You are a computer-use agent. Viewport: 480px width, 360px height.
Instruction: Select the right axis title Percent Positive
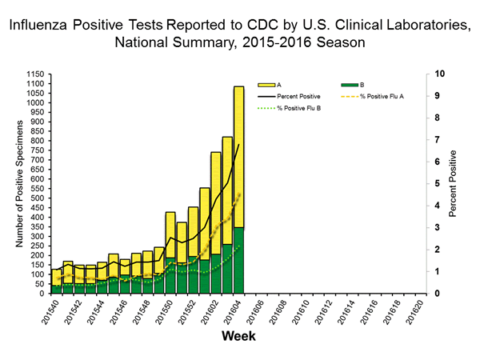pyautogui.click(x=453, y=183)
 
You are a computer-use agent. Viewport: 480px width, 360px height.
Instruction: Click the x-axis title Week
pyautogui.click(x=239, y=337)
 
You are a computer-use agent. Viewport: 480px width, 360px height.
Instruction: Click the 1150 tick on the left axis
pyautogui.click(x=35, y=74)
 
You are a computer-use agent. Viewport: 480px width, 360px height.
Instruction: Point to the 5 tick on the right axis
pyautogui.click(x=432, y=183)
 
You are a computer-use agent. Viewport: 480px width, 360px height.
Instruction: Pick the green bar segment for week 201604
pyautogui.click(x=238, y=260)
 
